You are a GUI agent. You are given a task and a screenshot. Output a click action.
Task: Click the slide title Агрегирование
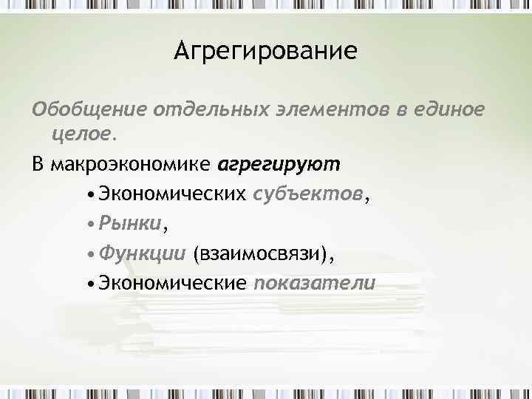266,52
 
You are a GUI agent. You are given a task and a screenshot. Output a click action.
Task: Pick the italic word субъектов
308,194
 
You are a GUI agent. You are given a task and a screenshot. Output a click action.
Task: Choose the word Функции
142,253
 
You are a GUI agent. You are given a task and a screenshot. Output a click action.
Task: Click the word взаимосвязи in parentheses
259,254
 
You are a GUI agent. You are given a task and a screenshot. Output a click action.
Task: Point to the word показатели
315,284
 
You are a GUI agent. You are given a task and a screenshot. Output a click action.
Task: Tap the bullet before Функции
89,255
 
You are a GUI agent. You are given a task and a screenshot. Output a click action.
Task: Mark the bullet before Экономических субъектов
89,194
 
